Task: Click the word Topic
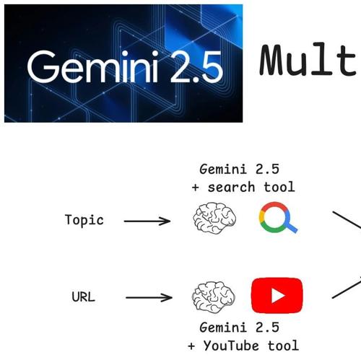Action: [84, 220]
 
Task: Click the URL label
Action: [84, 297]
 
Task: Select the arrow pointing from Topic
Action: [147, 221]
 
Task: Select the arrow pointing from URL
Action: [149, 298]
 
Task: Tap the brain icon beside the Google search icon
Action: [214, 218]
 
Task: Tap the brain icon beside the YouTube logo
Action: [214, 297]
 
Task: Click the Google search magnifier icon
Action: [278, 217]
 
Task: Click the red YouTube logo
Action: [277, 296]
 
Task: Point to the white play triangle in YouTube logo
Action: [278, 296]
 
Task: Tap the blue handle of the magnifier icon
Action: [291, 227]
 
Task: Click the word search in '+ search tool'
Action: [231, 188]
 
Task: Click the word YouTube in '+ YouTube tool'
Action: [231, 346]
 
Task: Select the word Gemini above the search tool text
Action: [223, 169]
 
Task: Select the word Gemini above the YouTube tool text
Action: [223, 328]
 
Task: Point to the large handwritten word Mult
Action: [308, 60]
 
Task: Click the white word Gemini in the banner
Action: [92, 66]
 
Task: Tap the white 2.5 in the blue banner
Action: [196, 66]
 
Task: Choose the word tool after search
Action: [279, 187]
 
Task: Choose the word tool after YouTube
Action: [283, 346]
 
